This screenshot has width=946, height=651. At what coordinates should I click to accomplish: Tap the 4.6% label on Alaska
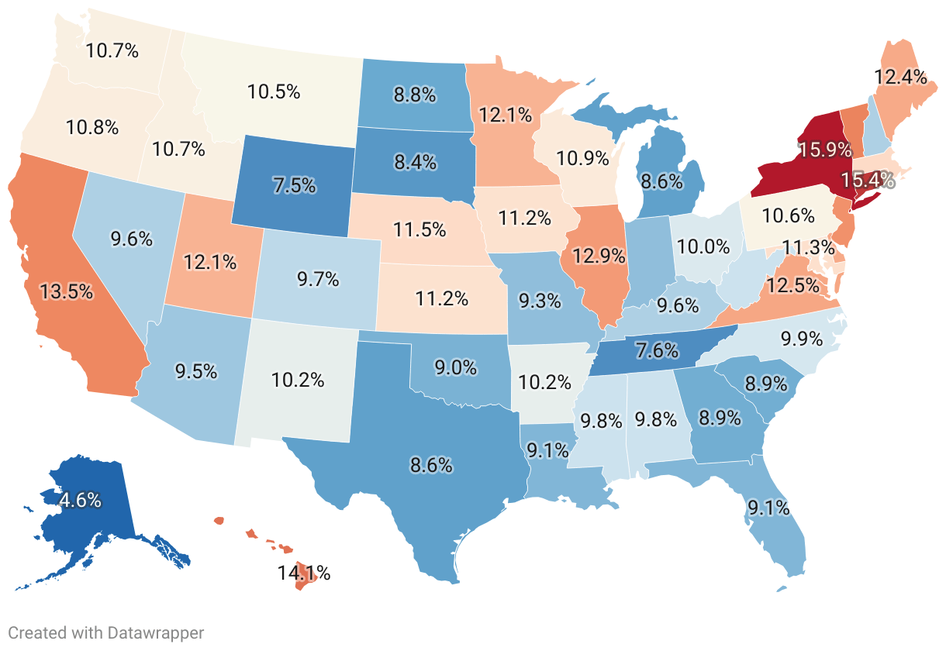click(x=80, y=500)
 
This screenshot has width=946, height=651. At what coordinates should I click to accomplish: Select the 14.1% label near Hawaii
click(x=305, y=573)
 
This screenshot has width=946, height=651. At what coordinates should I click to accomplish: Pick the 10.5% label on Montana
click(x=274, y=91)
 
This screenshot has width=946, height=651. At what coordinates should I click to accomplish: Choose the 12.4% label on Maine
click(x=900, y=77)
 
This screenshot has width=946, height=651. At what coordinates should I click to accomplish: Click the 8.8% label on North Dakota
click(x=415, y=96)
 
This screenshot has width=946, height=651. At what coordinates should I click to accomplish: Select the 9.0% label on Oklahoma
click(x=455, y=368)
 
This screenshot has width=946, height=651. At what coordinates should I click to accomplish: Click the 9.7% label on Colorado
click(x=318, y=279)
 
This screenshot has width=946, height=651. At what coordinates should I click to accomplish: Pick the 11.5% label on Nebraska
click(x=420, y=229)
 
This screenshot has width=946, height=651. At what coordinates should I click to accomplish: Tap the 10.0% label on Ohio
click(x=703, y=247)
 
